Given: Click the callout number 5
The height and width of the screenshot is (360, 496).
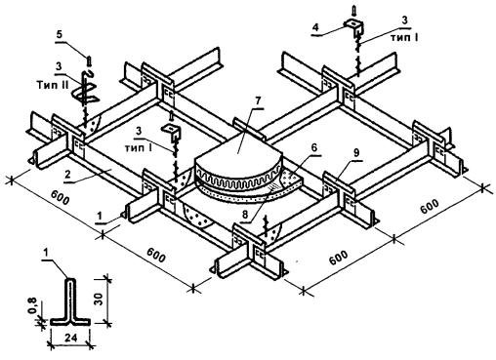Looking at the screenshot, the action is (59, 35).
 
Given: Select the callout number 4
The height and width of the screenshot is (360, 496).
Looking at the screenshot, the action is (315, 27).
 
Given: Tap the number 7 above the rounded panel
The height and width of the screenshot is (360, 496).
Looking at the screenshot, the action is (258, 101).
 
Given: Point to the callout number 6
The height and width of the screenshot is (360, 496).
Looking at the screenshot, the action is (313, 147).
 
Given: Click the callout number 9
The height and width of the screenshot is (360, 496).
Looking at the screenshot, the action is (356, 153).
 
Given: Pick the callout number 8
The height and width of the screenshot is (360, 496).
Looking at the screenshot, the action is (246, 215).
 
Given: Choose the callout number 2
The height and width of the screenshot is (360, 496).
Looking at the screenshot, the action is (67, 175).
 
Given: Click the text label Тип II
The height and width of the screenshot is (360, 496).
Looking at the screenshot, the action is (53, 86).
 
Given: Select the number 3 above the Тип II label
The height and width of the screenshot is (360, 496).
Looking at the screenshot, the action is (59, 66).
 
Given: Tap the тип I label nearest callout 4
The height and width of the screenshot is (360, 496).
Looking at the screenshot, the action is (404, 37).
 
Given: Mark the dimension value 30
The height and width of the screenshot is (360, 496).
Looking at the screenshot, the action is (100, 299).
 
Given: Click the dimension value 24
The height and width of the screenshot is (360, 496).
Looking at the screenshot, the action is (70, 338).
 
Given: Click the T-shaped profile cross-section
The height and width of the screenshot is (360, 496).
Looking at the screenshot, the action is (70, 301).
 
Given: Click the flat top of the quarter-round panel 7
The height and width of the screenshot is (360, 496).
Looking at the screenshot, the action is (240, 148).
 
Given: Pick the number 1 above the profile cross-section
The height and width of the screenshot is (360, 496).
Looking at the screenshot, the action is (46, 253).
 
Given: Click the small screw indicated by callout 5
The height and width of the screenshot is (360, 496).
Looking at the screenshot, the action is (89, 60).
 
